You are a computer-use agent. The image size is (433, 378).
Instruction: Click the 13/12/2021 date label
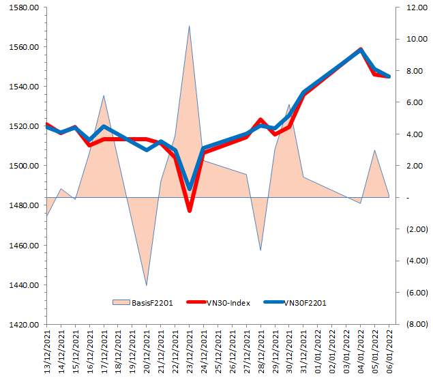(x=46, y=352)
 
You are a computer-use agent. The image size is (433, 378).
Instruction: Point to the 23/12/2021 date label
(x=190, y=352)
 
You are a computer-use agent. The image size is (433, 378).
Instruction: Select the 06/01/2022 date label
(x=389, y=352)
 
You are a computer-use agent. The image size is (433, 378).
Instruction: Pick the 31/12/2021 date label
(x=303, y=352)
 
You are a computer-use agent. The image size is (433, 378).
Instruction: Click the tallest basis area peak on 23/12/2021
(x=189, y=27)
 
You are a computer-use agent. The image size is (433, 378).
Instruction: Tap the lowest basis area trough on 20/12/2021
(x=147, y=285)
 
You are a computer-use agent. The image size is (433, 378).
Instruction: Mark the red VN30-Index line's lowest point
(x=190, y=210)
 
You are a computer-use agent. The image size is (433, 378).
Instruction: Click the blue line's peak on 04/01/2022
(x=361, y=50)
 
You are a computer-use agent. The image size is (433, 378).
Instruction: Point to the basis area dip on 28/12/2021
(x=260, y=250)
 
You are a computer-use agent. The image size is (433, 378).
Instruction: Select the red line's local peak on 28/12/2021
(x=260, y=120)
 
